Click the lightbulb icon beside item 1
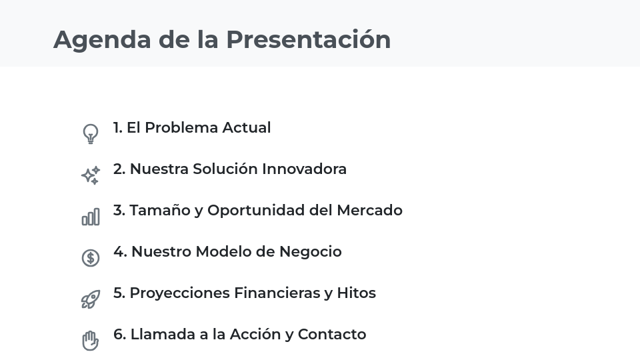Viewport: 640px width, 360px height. point(91,133)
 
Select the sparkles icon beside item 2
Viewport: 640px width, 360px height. point(91,175)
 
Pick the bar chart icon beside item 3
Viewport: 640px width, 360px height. point(91,217)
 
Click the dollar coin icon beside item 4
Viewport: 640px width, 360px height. point(91,258)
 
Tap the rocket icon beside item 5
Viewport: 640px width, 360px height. point(91,299)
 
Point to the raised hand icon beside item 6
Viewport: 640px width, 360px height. point(91,341)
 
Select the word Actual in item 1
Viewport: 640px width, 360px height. point(246,128)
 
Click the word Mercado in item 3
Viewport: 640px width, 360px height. point(369,211)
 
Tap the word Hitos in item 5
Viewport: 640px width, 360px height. point(356,293)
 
